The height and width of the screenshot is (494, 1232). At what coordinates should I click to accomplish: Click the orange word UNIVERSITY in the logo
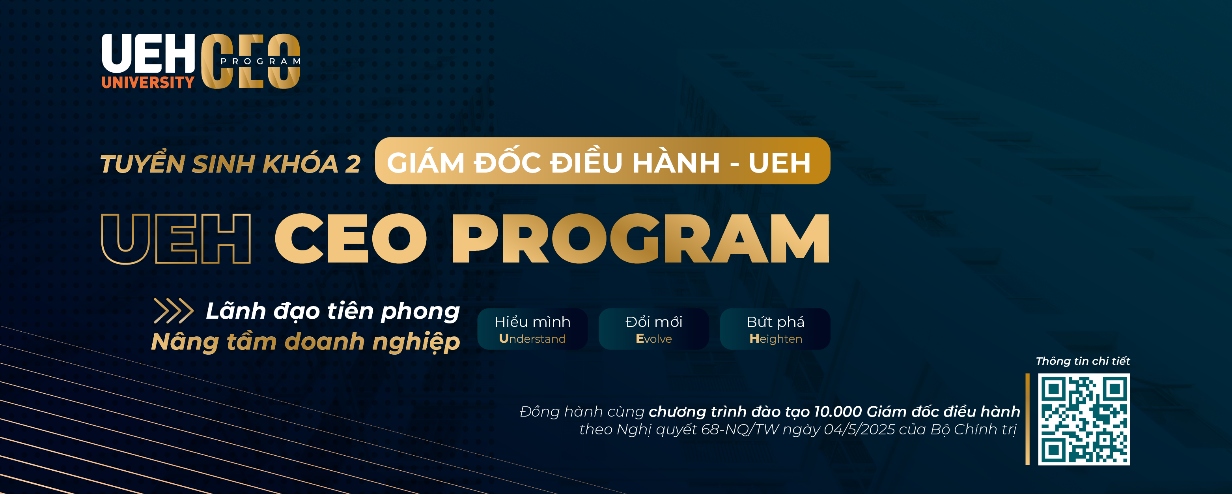(x=148, y=82)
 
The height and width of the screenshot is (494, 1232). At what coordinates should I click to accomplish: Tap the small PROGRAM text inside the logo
(x=261, y=61)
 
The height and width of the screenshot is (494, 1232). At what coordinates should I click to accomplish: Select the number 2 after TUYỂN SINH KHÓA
(x=353, y=164)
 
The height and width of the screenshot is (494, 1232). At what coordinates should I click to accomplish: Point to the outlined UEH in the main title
(x=176, y=239)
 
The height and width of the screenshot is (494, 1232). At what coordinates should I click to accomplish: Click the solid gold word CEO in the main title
(x=351, y=239)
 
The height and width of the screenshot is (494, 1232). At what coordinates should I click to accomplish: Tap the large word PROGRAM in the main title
(x=640, y=239)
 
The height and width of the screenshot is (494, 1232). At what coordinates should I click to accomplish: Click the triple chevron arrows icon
(x=174, y=311)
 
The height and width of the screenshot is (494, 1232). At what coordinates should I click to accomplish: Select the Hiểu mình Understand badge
(x=532, y=329)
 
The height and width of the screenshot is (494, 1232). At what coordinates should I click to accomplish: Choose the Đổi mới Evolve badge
(x=654, y=329)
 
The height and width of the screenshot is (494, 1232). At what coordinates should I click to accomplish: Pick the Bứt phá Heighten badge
(x=775, y=329)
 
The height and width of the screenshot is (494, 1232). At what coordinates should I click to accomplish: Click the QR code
(x=1084, y=419)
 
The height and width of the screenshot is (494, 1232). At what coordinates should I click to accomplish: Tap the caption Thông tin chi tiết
(x=1083, y=361)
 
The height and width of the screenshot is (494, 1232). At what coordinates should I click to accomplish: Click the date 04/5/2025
(x=859, y=429)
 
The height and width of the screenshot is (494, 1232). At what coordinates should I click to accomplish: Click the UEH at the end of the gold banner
(x=780, y=163)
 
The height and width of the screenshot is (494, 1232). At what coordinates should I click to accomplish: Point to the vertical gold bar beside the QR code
(x=1027, y=419)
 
